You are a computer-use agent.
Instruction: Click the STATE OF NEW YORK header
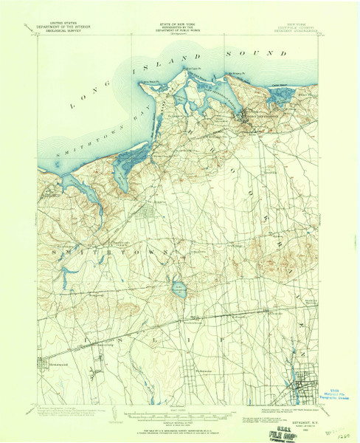click(x=179, y=24)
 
